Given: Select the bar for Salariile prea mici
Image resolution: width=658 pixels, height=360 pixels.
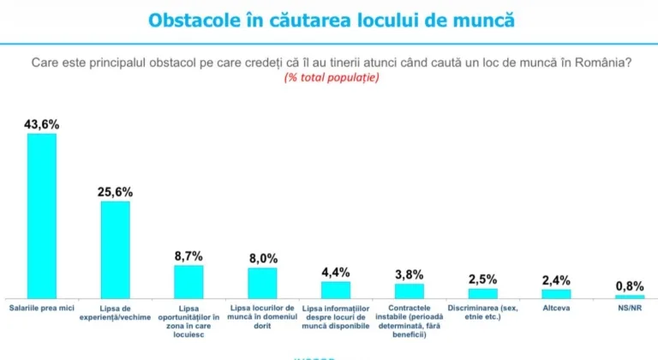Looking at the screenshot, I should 42,214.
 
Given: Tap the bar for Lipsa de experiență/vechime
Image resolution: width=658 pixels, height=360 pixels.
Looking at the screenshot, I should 116,249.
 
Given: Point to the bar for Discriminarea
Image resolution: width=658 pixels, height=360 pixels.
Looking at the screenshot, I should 482,292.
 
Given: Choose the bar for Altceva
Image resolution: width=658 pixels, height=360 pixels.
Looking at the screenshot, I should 556,292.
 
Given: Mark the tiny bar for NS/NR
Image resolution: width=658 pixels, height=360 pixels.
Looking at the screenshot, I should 630,296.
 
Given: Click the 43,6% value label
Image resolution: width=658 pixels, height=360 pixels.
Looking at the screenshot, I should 42,124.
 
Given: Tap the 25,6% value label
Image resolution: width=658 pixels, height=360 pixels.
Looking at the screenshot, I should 116,192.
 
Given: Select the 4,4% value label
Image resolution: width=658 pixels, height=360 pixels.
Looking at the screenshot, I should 336,273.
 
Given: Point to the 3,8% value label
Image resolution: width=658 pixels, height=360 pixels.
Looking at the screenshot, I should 410,275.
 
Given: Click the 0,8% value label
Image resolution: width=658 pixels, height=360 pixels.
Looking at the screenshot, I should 630,286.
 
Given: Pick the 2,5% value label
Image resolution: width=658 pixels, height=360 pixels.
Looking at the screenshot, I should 482,279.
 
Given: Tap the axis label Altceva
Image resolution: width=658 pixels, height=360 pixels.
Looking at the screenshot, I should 556,307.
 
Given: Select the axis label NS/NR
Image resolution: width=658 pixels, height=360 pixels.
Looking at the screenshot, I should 630,307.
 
